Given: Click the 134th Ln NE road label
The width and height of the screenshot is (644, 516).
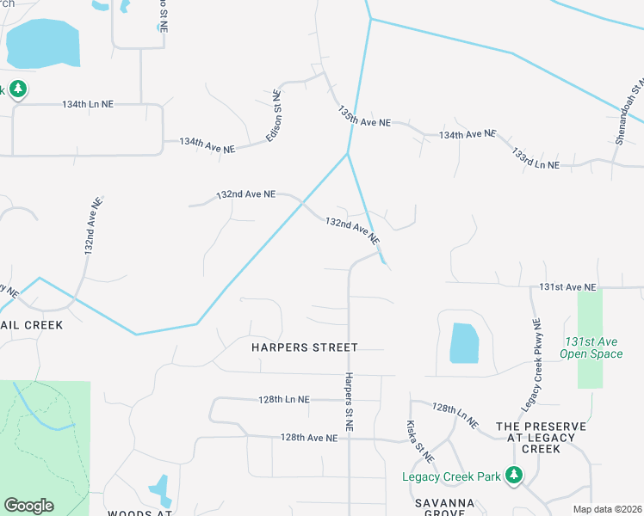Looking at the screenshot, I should tap(88, 104).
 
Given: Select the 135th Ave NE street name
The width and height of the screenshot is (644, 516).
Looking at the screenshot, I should tap(364, 118).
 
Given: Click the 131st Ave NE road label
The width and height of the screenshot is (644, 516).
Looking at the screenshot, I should tap(567, 286).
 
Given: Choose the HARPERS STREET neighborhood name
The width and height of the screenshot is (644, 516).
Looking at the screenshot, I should tap(304, 347).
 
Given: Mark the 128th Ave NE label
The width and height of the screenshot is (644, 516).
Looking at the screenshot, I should tap(308, 438).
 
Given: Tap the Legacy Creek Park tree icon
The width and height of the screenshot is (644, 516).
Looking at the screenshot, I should tap(514, 475).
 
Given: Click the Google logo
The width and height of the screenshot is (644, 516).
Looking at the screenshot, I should tap(28, 506).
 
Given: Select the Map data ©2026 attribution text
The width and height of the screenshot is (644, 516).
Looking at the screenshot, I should tap(607, 509).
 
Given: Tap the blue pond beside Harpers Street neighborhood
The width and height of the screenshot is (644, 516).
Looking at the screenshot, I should tap(463, 343).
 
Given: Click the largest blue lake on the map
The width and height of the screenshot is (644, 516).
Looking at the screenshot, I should tap(42, 43).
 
